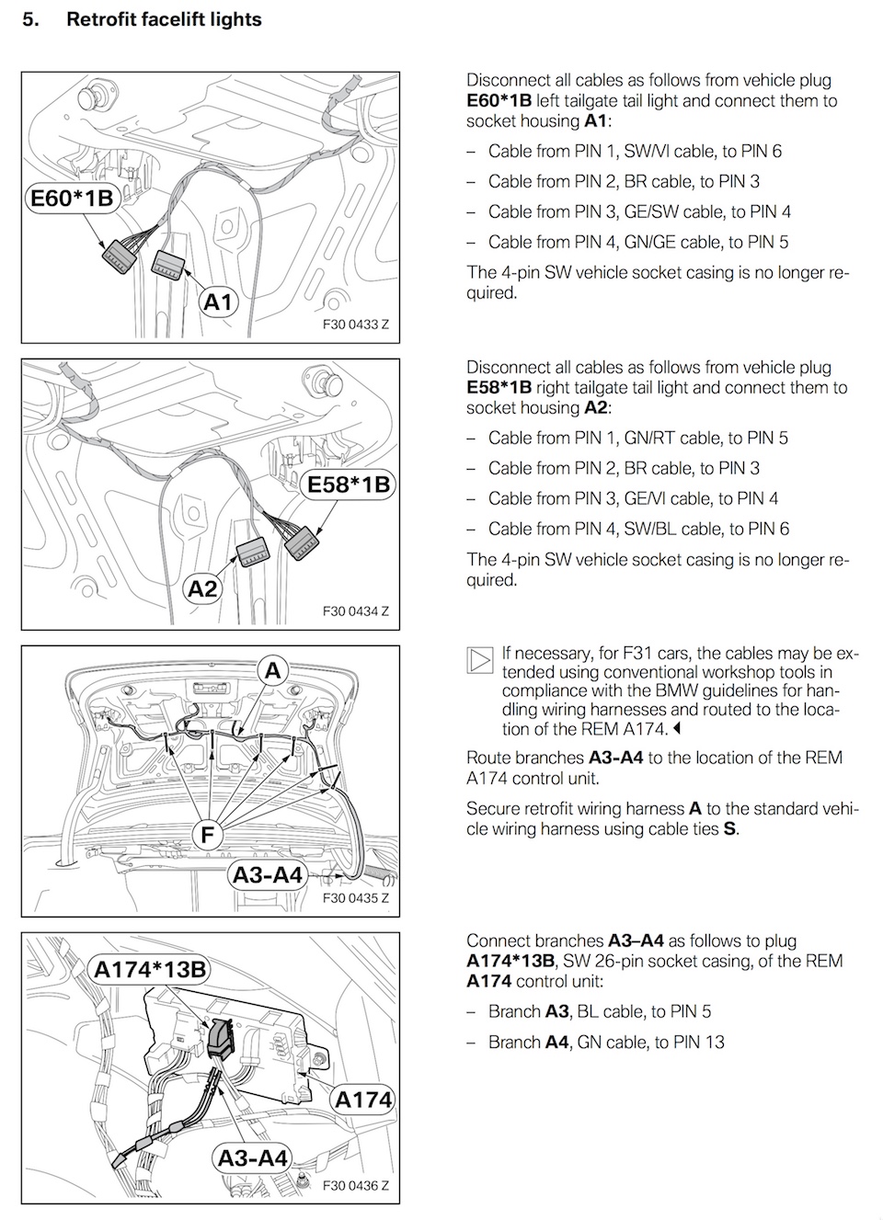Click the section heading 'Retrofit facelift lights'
(x=164, y=19)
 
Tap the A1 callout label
(x=218, y=302)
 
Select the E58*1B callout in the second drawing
(x=348, y=485)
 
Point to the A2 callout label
(x=202, y=587)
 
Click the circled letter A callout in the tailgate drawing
(x=273, y=671)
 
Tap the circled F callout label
(x=208, y=835)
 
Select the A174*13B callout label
(x=150, y=969)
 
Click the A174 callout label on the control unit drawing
(x=363, y=1099)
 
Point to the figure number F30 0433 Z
(x=356, y=325)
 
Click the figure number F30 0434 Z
(x=356, y=611)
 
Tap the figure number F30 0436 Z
(x=356, y=1186)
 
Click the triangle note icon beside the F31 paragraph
(x=479, y=659)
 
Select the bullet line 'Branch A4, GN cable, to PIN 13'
(x=606, y=1042)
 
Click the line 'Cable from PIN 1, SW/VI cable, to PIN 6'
(x=635, y=151)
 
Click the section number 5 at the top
(x=29, y=19)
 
